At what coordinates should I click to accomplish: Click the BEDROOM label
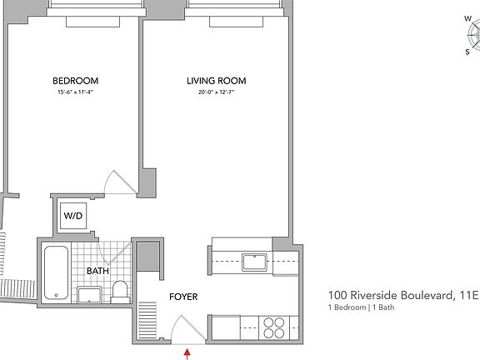(x=75, y=81)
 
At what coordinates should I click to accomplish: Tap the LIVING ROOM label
(x=216, y=81)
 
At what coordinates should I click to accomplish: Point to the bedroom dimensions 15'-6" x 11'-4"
(x=75, y=92)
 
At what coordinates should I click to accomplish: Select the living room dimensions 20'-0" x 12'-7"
(x=216, y=92)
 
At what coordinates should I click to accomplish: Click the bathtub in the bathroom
(x=56, y=272)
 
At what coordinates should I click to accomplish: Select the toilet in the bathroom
(x=120, y=291)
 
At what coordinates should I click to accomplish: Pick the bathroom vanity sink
(x=89, y=293)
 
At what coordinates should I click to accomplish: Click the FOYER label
(x=182, y=297)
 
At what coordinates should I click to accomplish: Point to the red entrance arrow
(x=187, y=353)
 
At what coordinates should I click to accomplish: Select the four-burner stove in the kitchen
(x=274, y=327)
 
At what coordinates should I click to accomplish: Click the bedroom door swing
(x=117, y=182)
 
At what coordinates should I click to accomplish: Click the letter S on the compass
(x=467, y=51)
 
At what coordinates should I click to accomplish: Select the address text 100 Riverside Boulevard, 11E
(x=403, y=295)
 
